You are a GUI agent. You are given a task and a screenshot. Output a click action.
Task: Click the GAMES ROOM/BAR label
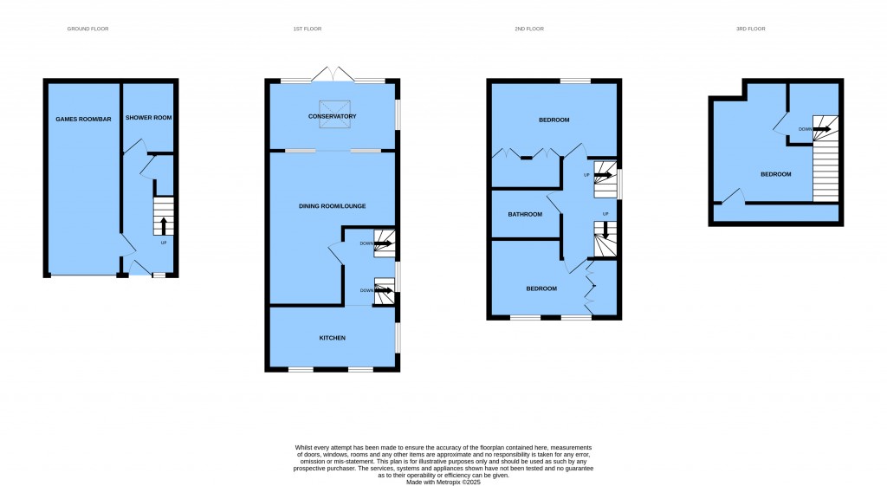coord(83,120)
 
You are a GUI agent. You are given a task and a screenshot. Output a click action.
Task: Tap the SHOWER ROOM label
coord(148,118)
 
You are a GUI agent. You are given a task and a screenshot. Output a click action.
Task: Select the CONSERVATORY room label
coord(332,117)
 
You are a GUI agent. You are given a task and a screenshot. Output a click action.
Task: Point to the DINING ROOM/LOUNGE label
coord(332,206)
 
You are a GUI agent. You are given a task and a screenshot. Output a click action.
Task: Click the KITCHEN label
coord(332,338)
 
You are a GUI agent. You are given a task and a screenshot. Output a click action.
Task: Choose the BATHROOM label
coord(525,215)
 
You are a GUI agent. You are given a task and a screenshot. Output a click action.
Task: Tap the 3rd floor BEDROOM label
coord(775,174)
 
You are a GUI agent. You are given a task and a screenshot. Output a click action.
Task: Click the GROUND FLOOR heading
coord(87,29)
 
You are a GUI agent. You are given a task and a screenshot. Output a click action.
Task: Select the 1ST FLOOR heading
coord(308,29)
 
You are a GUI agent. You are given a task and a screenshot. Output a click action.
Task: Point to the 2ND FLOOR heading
coord(529,29)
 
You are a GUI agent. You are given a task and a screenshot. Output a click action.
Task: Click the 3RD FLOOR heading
coord(751,29)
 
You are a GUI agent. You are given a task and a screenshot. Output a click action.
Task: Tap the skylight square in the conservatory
coord(334,113)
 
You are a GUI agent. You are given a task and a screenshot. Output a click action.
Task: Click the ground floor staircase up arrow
coord(164,226)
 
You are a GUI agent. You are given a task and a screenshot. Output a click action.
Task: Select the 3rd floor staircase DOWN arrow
coord(822,129)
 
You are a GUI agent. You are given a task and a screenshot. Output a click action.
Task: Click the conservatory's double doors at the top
coord(333,75)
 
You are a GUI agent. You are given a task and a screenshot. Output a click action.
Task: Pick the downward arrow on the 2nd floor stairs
coord(605,230)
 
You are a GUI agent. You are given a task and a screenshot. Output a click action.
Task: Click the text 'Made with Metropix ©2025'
coord(443,483)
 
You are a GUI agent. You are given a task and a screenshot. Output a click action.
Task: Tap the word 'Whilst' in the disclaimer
coord(302,448)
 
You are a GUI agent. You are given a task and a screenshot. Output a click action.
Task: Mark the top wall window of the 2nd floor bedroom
coord(575,81)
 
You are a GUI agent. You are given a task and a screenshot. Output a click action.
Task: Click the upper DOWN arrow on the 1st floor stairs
coord(383,243)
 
